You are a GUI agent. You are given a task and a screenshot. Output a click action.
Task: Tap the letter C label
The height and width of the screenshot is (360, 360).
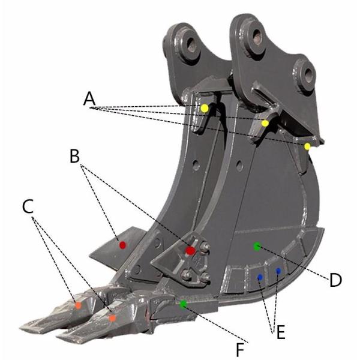coord(28,206)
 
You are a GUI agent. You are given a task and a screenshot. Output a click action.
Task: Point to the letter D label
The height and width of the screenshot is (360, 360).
coord(334,280)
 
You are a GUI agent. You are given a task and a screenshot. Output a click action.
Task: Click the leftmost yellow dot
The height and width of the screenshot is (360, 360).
coord(205,108)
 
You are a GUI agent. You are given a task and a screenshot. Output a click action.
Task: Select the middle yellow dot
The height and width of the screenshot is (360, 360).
coord(265,123)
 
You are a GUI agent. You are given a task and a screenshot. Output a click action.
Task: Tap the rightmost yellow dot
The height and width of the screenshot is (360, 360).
coord(307,146)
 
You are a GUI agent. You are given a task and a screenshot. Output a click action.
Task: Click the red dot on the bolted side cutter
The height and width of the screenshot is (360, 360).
coord(190,250)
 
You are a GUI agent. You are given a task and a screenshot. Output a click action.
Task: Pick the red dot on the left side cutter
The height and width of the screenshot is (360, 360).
coord(122,245)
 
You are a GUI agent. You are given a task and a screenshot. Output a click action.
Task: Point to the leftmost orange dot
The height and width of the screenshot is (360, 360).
coord(78,305)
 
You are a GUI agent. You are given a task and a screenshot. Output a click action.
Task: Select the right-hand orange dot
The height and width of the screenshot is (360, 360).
coord(112,317)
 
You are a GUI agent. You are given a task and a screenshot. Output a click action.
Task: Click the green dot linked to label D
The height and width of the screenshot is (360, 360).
coord(257,246)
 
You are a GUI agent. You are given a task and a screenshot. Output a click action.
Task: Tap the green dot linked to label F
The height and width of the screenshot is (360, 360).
coord(184,304)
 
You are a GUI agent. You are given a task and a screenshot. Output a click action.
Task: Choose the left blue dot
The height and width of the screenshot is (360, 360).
coord(260,277)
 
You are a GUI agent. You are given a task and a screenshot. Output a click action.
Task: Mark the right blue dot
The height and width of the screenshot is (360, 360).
coord(278,272)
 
